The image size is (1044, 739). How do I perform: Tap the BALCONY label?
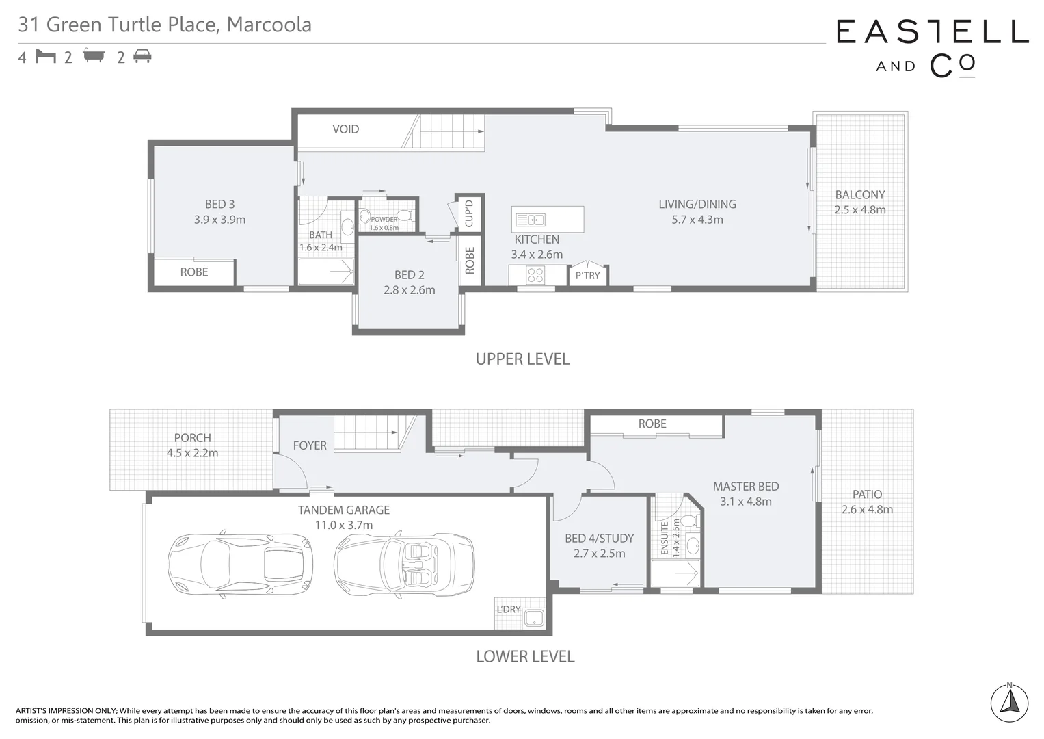pyautogui.click(x=859, y=195)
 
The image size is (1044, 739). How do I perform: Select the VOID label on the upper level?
pyautogui.click(x=345, y=129)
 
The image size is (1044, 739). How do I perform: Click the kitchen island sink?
pyautogui.click(x=531, y=220)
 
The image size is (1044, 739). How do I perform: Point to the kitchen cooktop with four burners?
pyautogui.click(x=535, y=275)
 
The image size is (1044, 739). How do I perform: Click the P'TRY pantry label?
pyautogui.click(x=587, y=276)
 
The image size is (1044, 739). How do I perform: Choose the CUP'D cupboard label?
pyautogui.click(x=469, y=213)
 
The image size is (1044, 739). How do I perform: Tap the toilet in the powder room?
pyautogui.click(x=405, y=216)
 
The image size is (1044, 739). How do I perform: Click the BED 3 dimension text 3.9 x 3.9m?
pyautogui.click(x=219, y=220)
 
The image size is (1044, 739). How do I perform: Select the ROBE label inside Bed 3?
pyautogui.click(x=194, y=272)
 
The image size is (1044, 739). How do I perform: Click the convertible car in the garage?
pyautogui.click(x=404, y=565)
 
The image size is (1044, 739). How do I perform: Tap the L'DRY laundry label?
pyautogui.click(x=508, y=609)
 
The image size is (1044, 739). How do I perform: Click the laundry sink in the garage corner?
pyautogui.click(x=533, y=619)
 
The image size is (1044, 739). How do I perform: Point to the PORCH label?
pyautogui.click(x=192, y=438)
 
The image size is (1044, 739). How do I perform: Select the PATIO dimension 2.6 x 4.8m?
pyautogui.click(x=867, y=509)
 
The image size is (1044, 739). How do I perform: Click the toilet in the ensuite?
pyautogui.click(x=688, y=521)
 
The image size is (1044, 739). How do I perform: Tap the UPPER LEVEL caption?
pyautogui.click(x=522, y=359)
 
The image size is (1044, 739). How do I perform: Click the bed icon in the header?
pyautogui.click(x=46, y=56)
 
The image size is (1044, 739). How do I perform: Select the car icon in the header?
pyautogui.click(x=142, y=56)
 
